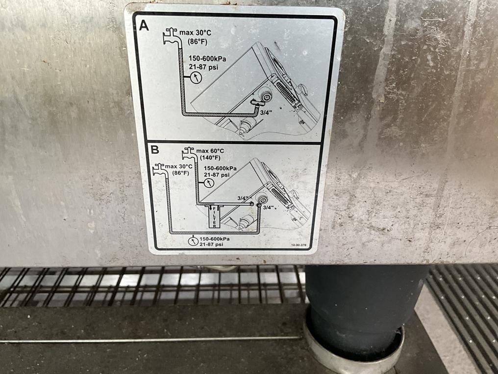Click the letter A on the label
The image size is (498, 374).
[144, 26]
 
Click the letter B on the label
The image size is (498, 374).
[155, 150]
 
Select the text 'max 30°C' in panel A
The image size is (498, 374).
[195, 33]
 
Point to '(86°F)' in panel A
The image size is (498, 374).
[197, 41]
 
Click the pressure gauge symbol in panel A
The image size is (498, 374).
[196, 77]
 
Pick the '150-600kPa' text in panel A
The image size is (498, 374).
[207, 58]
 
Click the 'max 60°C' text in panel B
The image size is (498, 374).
[210, 151]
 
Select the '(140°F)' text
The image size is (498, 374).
[210, 158]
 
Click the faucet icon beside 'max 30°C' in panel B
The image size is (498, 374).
[159, 169]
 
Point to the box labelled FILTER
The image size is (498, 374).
[214, 217]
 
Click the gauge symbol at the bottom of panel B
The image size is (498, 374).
[193, 241]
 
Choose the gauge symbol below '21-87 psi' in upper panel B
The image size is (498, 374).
[209, 183]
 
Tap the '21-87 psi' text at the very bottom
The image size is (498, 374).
[211, 244]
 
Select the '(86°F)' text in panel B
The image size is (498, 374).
[180, 173]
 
